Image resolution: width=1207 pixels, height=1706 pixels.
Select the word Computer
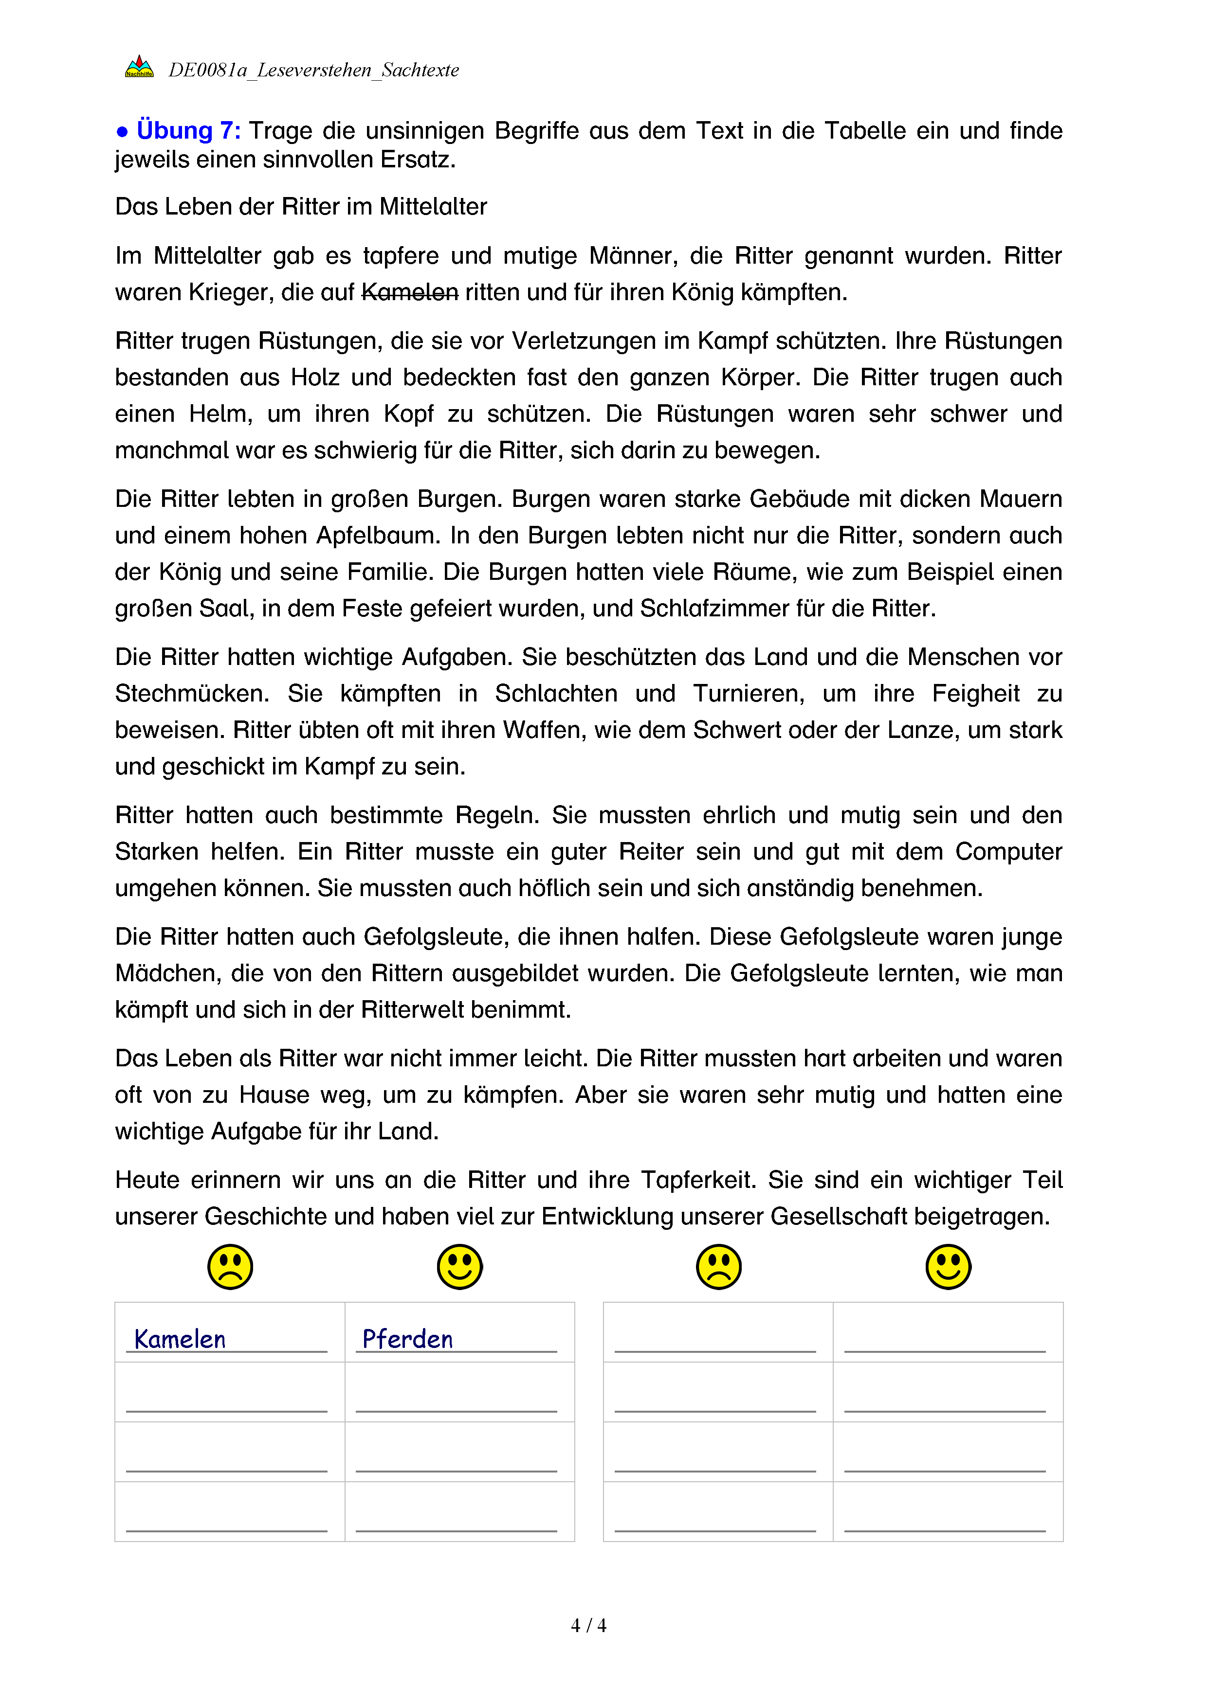coord(1008,851)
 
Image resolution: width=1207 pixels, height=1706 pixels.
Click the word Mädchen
coord(167,973)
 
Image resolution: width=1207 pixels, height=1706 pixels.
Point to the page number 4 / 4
coord(588,1626)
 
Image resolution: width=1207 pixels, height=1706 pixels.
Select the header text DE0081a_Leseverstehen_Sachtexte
coord(313,71)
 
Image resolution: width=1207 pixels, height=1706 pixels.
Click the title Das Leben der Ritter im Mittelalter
coord(301,207)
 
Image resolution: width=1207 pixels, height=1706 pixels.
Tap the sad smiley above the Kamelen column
coord(230,1267)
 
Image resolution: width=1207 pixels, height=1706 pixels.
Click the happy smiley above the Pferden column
coord(459,1267)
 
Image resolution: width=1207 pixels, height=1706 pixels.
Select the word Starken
coord(156,851)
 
